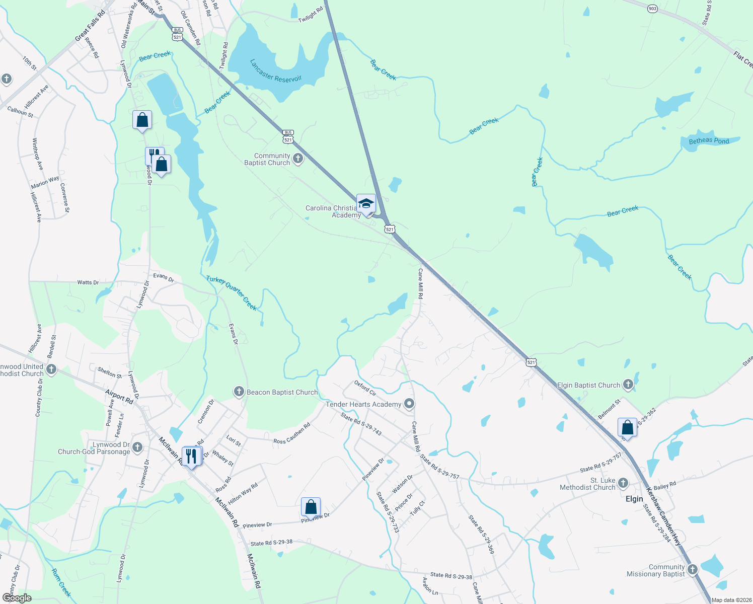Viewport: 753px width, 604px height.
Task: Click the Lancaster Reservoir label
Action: [x=276, y=71]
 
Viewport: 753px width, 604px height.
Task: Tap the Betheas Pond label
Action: [x=709, y=141]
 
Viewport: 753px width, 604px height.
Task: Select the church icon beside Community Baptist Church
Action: [x=298, y=159]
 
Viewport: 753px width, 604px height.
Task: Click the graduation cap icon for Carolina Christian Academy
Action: [x=366, y=204]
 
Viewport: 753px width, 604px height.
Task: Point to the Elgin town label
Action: [x=634, y=499]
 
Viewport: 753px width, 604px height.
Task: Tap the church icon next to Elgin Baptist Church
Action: [x=628, y=385]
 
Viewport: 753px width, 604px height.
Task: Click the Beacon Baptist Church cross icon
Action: [x=239, y=392]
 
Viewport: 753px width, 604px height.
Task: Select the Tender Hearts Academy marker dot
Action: [x=410, y=404]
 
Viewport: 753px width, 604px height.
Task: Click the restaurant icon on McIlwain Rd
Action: [x=191, y=457]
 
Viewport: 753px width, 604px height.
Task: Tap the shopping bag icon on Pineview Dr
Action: [x=311, y=506]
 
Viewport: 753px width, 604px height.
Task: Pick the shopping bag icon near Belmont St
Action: [x=627, y=428]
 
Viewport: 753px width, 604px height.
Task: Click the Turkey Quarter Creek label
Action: [x=232, y=292]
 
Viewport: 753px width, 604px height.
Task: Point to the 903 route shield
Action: [x=652, y=9]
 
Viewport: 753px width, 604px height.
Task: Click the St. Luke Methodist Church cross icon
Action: [x=623, y=483]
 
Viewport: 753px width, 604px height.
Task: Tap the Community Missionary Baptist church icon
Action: [x=693, y=570]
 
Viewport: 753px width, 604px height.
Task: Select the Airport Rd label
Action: [x=119, y=397]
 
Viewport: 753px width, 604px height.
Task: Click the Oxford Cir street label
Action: [x=365, y=388]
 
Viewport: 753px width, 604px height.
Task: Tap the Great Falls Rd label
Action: [x=90, y=25]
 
